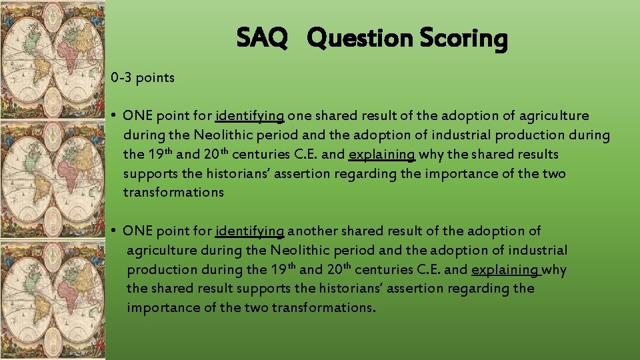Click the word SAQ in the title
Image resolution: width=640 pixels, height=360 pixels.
tap(262, 39)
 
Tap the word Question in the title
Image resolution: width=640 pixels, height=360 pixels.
tap(360, 39)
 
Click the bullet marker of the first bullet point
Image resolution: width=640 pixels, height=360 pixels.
tap(115, 117)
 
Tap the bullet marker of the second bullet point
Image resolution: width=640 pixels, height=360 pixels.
tap(115, 231)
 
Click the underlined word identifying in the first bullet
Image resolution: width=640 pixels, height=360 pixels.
tap(250, 117)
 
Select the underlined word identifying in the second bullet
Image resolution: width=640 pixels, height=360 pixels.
tap(250, 231)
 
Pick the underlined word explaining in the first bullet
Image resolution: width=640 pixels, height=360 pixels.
tap(382, 155)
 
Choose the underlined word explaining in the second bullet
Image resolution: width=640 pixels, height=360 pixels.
tap(505, 270)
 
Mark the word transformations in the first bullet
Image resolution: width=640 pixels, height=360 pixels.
tap(173, 193)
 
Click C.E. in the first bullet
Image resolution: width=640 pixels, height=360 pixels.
tap(301, 155)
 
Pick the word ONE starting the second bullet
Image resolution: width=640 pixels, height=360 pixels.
tap(138, 231)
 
